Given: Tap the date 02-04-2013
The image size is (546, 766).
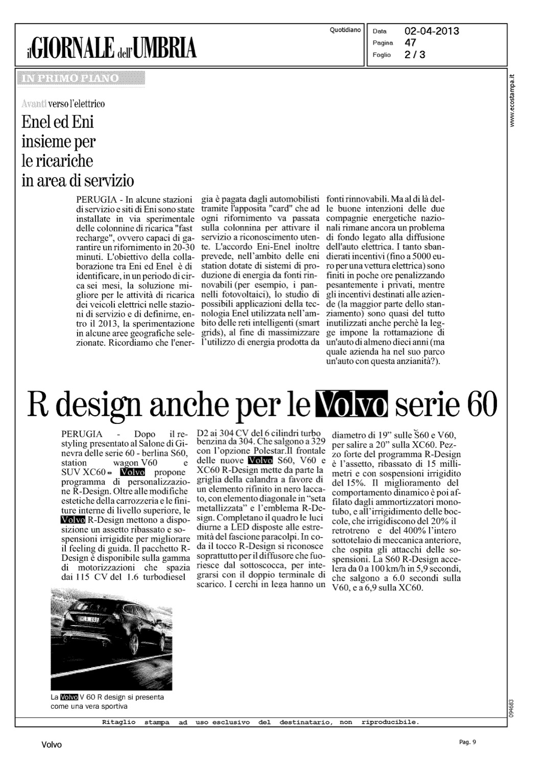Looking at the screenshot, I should tap(432, 31).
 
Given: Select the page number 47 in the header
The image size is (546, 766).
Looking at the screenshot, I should tap(410, 42).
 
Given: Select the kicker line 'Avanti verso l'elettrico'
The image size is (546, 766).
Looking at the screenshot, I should tap(63, 104).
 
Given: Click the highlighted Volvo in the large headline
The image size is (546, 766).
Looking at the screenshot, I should tap(352, 405).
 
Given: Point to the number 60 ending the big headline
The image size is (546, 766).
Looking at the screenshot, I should tap(480, 405).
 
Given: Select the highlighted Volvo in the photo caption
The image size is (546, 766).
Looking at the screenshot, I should tap(69, 697).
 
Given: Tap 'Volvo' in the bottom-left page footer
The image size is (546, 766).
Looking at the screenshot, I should tap(51, 745).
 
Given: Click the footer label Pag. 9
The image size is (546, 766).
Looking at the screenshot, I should tap(467, 742).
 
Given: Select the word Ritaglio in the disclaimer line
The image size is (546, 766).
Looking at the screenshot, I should tap(119, 723).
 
